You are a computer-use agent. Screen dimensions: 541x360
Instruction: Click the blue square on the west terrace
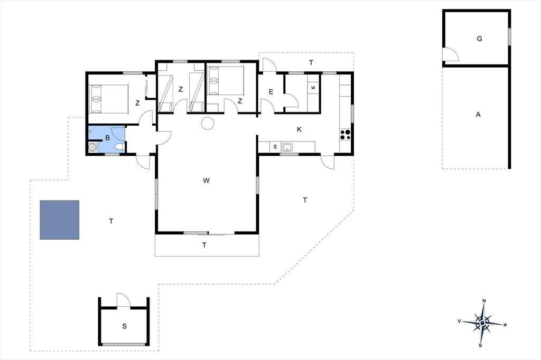(59, 220)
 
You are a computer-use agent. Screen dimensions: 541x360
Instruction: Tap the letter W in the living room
(207, 181)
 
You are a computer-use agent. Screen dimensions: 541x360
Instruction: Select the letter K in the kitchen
(299, 129)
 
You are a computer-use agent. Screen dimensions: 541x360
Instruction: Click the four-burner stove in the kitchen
(346, 135)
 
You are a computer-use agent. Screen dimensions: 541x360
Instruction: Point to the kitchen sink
(287, 147)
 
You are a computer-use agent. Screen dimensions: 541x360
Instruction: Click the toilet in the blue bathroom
(119, 147)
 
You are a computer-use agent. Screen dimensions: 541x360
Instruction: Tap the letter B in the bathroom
(108, 138)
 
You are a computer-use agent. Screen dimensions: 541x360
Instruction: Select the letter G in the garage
(479, 39)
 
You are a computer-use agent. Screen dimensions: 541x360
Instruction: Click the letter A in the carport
(478, 115)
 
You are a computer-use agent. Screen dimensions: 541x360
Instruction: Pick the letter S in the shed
(125, 326)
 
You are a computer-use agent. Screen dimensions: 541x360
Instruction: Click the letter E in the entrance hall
(271, 92)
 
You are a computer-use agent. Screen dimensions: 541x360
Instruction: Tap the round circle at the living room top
(208, 123)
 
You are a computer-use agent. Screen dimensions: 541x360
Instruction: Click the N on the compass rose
(484, 301)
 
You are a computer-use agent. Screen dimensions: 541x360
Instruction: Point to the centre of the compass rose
(482, 323)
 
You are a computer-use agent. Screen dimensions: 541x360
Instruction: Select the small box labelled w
(313, 88)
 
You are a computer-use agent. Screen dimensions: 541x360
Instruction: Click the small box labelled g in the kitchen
(275, 147)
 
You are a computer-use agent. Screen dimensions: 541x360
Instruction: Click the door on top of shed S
(124, 300)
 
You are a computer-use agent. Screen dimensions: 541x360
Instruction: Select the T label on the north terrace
(311, 62)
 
